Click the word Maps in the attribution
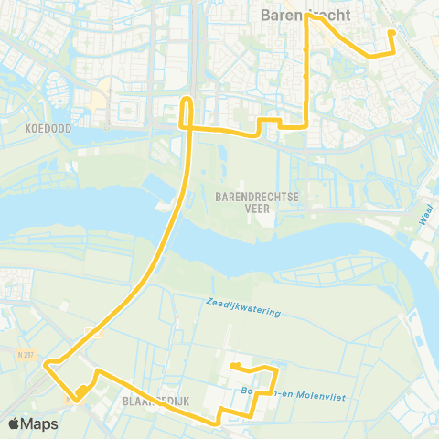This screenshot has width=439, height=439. [x=41, y=423]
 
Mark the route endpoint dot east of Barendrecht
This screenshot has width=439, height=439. [x=392, y=33]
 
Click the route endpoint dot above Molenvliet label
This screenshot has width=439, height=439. [x=235, y=366]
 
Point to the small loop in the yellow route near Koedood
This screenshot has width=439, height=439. [x=187, y=110]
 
